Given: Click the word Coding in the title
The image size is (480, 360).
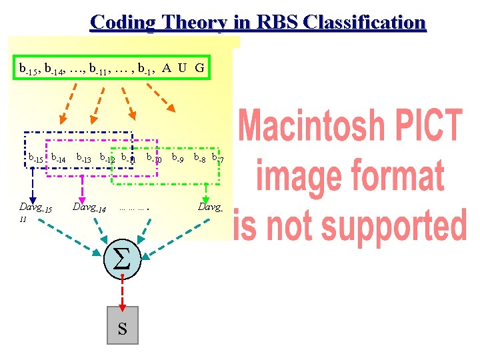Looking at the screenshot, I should click(120, 23).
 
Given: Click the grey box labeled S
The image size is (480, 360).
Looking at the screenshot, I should click(122, 325).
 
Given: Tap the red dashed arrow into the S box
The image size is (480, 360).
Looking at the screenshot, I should click(122, 292).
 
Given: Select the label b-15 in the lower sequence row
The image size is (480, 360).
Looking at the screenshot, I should click(35, 159).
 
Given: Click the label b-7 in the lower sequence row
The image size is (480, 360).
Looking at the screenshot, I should click(217, 159).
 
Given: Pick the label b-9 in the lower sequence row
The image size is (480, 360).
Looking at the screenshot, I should click(177, 159).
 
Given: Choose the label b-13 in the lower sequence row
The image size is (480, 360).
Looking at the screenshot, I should click(84, 159).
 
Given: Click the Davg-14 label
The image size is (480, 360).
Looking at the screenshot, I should click(89, 208).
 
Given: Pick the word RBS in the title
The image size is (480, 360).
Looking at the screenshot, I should click(273, 22).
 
